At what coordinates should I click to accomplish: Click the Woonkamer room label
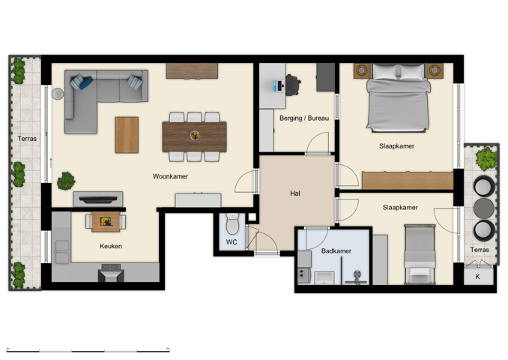click(x=170, y=177)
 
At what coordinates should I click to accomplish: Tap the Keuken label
click(x=111, y=246)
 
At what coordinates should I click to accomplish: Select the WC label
click(x=232, y=242)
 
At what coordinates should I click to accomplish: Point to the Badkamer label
click(x=336, y=251)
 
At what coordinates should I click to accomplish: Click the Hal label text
click(x=295, y=193)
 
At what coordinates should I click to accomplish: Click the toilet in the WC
click(x=232, y=222)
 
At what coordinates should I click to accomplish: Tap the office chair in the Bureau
click(x=292, y=85)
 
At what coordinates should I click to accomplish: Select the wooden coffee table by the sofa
click(x=127, y=135)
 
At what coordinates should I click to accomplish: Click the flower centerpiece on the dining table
click(x=195, y=136)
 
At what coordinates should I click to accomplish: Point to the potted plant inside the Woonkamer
click(x=67, y=181)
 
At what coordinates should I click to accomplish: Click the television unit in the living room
click(x=97, y=199)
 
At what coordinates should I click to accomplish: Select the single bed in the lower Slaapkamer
click(x=419, y=255)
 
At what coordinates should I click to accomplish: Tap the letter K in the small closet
click(x=478, y=277)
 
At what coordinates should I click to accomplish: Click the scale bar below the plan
click(x=88, y=349)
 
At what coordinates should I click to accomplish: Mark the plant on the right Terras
click(x=487, y=158)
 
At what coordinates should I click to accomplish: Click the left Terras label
click(x=27, y=139)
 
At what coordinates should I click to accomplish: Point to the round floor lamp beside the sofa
click(x=58, y=94)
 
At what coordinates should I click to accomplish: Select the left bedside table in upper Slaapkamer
click(x=362, y=70)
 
